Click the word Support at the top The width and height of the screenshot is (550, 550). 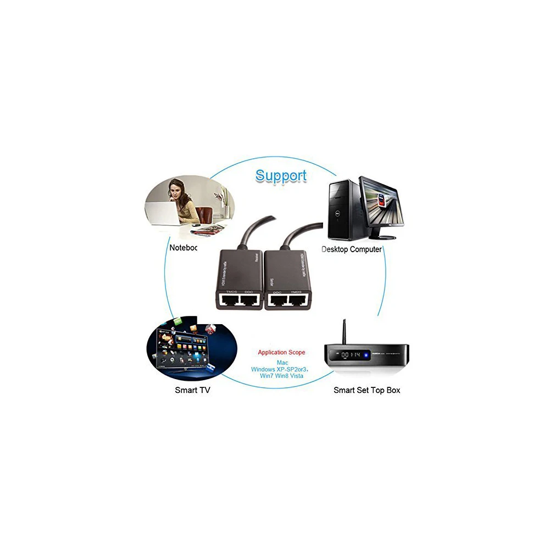(281, 176)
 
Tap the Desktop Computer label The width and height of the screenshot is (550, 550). (352, 249)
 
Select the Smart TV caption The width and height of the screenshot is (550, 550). (192, 390)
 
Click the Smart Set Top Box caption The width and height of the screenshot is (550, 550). (367, 390)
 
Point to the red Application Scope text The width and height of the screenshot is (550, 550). (281, 352)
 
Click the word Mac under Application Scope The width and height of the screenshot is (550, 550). (282, 363)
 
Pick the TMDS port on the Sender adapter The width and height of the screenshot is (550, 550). (299, 300)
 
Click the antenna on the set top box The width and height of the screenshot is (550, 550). (344, 332)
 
